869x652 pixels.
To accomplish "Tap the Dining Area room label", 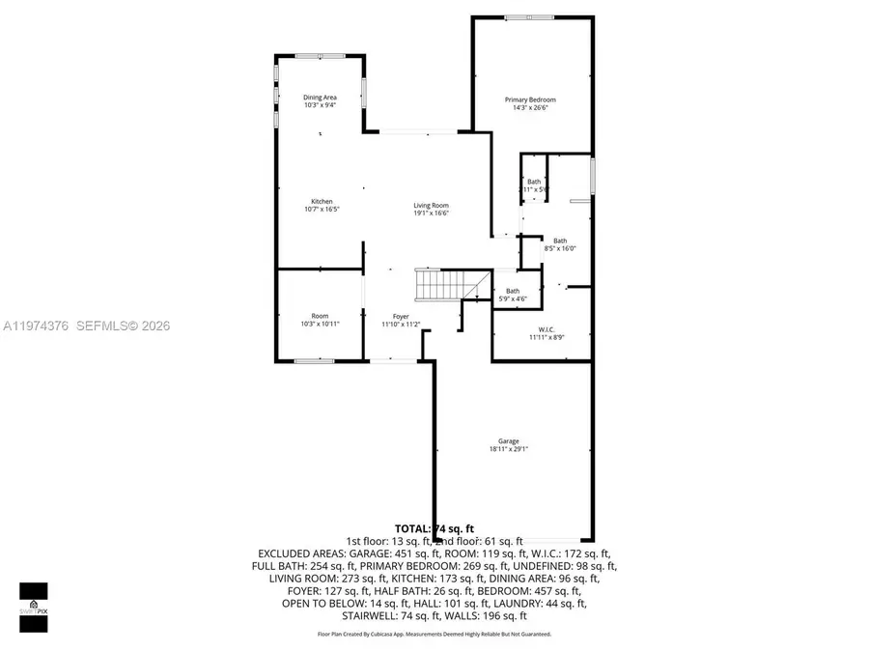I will tap(320, 97).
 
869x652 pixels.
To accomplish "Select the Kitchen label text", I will tap(322, 201).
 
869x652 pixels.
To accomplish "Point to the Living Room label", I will tap(431, 205).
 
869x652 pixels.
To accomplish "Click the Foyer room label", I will tap(400, 317).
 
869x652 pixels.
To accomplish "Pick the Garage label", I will tap(508, 441).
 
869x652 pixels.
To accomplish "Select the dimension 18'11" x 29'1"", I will tap(508, 449).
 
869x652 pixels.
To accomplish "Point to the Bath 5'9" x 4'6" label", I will tap(513, 295).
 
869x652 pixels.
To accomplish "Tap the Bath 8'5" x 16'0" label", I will tap(560, 244).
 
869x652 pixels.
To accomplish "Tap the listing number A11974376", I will tap(35, 326).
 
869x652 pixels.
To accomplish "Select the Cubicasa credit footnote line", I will tap(434, 635).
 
